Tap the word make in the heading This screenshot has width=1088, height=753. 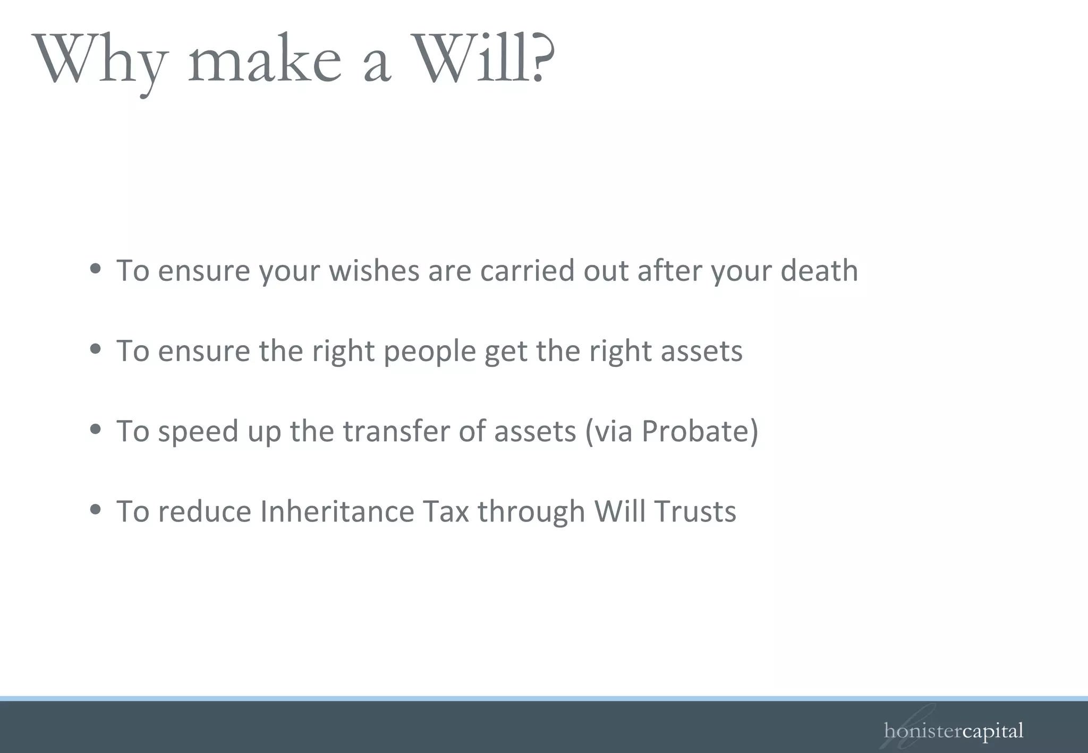pyautogui.click(x=264, y=62)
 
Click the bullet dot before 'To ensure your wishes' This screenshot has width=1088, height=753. pyautogui.click(x=96, y=269)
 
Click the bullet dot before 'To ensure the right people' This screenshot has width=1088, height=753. pyautogui.click(x=96, y=349)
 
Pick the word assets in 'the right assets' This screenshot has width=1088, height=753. pyautogui.click(x=701, y=352)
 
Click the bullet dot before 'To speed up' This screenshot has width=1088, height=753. pyautogui.click(x=96, y=429)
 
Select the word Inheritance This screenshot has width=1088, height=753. pyautogui.click(x=337, y=511)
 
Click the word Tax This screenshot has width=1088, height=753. pyautogui.click(x=446, y=511)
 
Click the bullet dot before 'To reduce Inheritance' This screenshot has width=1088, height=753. pyautogui.click(x=96, y=509)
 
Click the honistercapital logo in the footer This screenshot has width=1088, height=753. pyautogui.click(x=953, y=731)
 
